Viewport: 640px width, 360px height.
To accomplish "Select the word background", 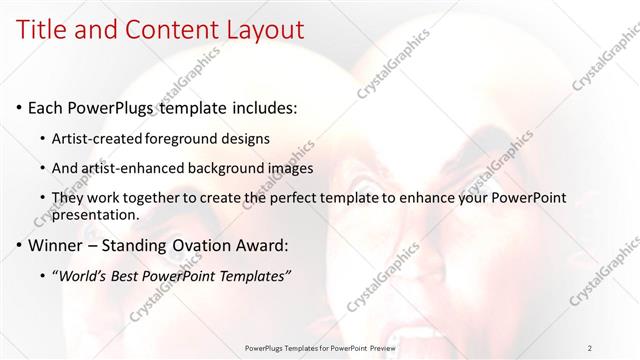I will [231, 168].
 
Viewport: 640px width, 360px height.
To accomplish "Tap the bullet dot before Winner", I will [19, 245].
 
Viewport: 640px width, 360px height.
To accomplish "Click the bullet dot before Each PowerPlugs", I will [19, 108].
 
